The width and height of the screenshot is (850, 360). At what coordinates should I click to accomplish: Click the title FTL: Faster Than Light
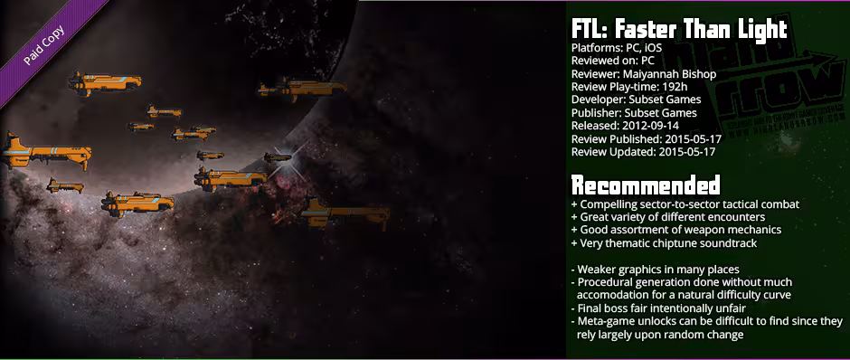click(679, 28)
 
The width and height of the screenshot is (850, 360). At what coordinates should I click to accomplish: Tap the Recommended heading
click(646, 186)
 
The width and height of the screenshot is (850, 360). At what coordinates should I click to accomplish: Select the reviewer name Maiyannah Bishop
click(664, 73)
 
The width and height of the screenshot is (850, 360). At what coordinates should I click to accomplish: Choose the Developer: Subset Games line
click(634, 99)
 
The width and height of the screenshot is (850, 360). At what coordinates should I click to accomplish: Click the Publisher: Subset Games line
click(634, 113)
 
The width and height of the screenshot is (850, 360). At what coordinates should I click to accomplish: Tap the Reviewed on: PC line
click(612, 61)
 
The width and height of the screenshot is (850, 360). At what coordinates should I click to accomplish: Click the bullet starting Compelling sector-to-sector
click(685, 204)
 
